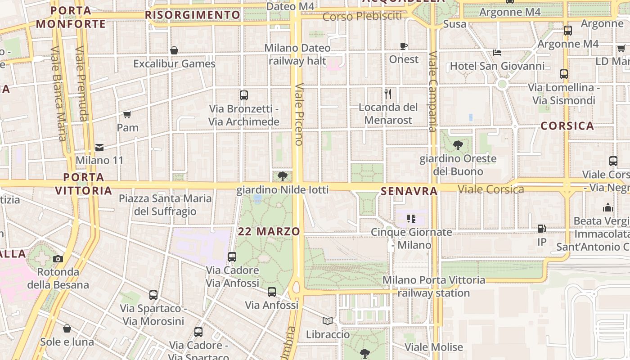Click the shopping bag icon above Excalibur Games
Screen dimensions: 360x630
174,50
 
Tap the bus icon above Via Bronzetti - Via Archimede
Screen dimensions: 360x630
244,95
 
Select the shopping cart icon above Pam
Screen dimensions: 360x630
127,114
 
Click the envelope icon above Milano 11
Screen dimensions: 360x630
99,147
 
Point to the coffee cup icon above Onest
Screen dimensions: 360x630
404,46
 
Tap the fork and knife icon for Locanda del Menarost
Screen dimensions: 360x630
388,94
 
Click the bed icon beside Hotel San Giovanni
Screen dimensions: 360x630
497,53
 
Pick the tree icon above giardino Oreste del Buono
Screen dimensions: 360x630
458,145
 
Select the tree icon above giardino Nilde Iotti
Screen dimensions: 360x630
283,176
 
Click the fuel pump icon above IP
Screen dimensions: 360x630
542,229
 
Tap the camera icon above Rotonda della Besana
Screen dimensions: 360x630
58,259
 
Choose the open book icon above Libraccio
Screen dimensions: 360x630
328,321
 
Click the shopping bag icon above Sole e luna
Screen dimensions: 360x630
67,329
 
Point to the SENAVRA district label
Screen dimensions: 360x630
409,191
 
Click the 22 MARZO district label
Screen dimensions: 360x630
269,232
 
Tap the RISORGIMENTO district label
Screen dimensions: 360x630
193,15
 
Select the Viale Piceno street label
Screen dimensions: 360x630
299,115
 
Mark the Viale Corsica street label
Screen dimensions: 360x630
491,189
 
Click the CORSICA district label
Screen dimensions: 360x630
567,126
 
